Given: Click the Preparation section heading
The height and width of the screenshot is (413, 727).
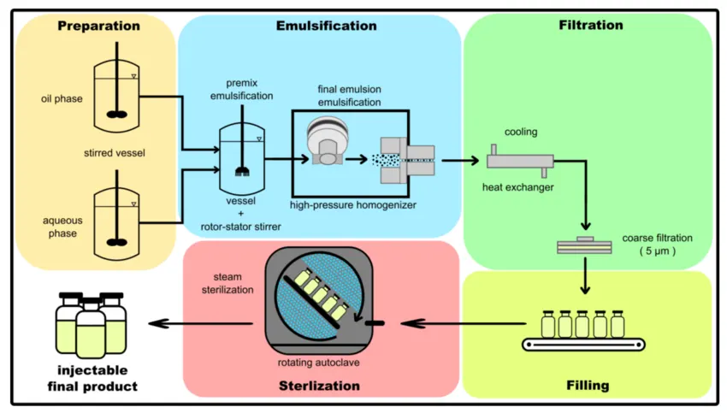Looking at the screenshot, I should click(x=98, y=26).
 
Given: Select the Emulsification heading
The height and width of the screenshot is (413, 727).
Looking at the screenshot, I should click(x=326, y=26).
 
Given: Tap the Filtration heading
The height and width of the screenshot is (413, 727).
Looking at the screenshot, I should click(x=590, y=25).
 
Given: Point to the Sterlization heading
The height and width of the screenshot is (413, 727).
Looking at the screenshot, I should click(x=319, y=386).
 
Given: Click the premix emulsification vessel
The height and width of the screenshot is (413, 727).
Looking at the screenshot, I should click(x=242, y=159).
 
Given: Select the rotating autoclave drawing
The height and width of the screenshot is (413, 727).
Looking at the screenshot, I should click(x=321, y=296).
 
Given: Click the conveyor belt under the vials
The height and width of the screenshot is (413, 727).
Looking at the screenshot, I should click(x=583, y=345).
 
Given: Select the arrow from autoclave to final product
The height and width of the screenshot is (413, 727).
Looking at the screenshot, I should click(x=202, y=322).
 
